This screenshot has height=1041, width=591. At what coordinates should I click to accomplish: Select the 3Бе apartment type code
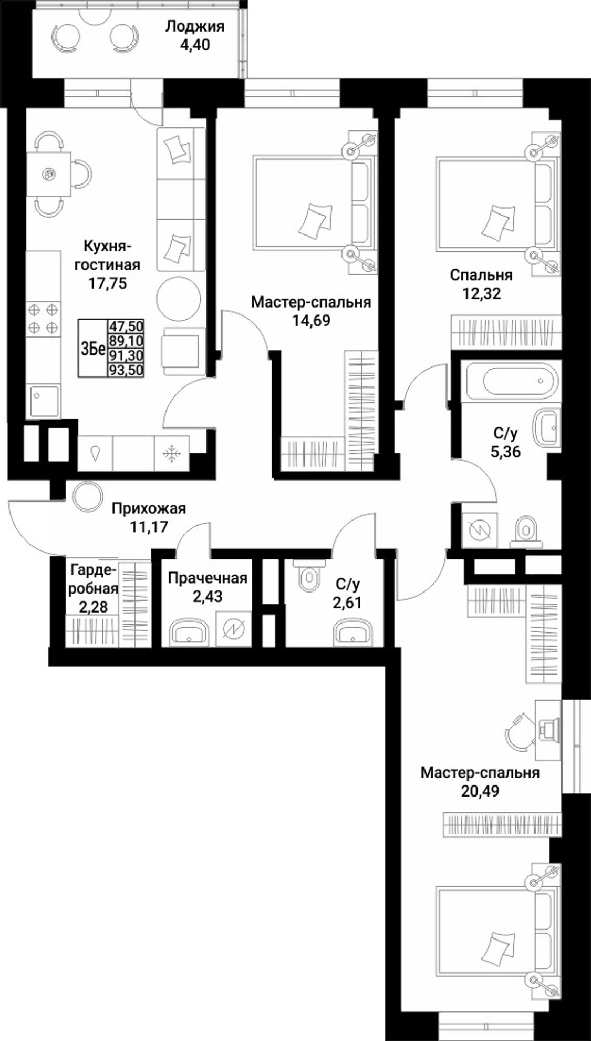point(93,349)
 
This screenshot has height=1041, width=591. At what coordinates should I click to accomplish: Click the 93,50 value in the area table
point(126,370)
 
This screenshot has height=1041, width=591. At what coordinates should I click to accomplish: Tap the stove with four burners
point(43,319)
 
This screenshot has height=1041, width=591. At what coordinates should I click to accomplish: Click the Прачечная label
point(208,578)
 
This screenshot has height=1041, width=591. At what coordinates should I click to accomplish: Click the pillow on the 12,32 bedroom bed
point(496,218)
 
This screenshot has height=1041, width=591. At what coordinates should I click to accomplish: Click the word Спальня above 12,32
point(481,275)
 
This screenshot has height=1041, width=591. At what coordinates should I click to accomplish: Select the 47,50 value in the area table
point(126,326)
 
